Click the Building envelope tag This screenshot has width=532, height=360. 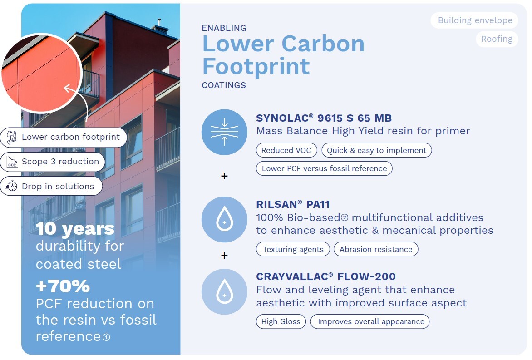pos(474,20)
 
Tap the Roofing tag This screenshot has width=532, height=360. pos(497,39)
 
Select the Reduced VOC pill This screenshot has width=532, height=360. pos(286,150)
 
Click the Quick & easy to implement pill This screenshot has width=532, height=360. pos(377,150)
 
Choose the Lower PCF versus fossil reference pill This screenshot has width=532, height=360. pos(324,168)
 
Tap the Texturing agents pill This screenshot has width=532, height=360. pos(293,249)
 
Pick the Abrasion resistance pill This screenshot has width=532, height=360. pos(376,249)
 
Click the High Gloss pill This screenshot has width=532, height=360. pos(281,322)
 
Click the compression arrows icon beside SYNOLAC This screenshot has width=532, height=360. pos(224,132)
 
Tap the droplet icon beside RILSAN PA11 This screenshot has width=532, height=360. pos(224,219)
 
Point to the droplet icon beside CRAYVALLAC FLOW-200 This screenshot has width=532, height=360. pos(224,292)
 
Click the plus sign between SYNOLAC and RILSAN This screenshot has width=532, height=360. pos(224,176)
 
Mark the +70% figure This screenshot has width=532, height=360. pos(63,286)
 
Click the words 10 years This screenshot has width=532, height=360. pos(75,229)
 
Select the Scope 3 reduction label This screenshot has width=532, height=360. pos(60,162)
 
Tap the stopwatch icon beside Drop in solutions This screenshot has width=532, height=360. pos(12,186)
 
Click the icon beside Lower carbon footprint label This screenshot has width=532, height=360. pos(12,137)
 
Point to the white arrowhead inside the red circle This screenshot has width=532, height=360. pos(68,89)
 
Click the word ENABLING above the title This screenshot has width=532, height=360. pos(224,28)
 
